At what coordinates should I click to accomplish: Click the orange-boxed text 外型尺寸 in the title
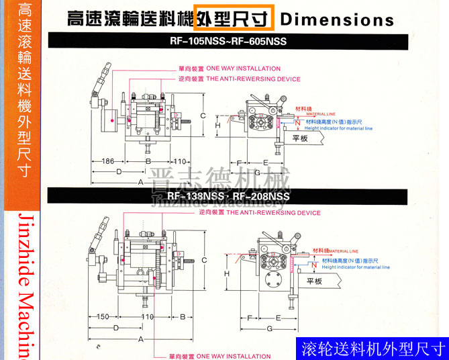234,19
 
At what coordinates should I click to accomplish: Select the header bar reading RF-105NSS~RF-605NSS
228,42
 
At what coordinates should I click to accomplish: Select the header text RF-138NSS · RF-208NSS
228,196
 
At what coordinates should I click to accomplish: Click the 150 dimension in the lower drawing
102,316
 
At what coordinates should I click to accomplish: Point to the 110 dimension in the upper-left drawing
179,162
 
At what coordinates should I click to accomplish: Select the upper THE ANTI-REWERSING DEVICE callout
253,79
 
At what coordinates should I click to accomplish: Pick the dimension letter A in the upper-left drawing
141,182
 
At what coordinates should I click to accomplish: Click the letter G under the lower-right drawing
269,328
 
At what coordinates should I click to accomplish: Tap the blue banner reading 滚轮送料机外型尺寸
373,349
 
